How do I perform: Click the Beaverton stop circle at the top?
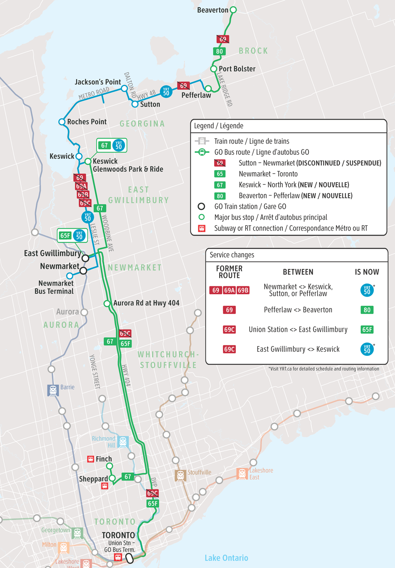pos(233,10)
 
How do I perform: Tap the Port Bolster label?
pos(237,69)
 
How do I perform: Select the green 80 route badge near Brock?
pos(220,51)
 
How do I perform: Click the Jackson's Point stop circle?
pos(124,88)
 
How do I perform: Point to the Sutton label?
pos(150,104)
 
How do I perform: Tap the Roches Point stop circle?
pos(62,122)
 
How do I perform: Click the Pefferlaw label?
pos(196,95)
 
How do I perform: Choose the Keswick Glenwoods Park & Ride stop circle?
pos(88,161)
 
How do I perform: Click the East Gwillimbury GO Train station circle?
pos(85,258)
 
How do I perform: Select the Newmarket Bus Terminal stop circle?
pos(70,276)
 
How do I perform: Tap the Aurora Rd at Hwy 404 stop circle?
pos(107,303)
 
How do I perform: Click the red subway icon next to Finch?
pos(91,459)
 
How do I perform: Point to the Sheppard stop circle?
pos(112,478)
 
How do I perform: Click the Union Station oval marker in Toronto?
pos(129,558)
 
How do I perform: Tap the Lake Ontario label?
pos(226,558)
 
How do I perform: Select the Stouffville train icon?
pos(181,475)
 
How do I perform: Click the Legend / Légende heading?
pos(218,126)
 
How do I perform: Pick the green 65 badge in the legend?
pos(220,174)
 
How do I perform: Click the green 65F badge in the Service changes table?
pos(367,329)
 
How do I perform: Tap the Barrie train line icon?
pos(53,390)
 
